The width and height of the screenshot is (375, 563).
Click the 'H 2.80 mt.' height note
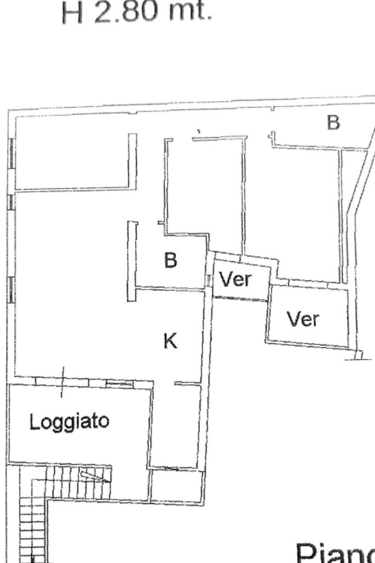(x=136, y=12)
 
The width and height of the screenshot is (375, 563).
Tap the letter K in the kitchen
(x=171, y=342)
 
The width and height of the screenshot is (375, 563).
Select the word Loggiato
(x=69, y=422)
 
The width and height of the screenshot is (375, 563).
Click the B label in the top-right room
(x=333, y=122)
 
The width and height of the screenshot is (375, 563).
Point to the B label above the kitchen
(x=171, y=260)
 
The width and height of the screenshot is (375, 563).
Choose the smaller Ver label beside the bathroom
(x=235, y=280)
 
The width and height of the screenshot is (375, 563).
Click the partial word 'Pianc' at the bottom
(x=335, y=552)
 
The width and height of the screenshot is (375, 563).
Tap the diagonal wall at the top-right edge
(x=362, y=176)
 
